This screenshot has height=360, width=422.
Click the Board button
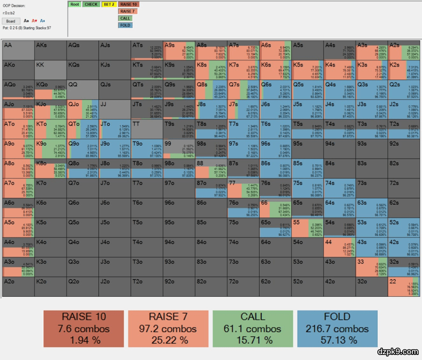(11, 21)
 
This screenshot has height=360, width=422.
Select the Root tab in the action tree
(75, 5)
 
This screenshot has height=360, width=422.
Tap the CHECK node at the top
(91, 5)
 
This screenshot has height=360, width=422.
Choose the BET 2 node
(109, 5)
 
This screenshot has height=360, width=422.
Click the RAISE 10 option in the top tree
(129, 5)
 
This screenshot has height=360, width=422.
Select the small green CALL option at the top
(125, 18)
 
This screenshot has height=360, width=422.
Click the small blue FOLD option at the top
(125, 25)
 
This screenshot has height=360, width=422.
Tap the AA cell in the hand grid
(18, 50)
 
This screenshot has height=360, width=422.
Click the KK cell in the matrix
(50, 70)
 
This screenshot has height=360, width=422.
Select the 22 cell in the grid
(404, 287)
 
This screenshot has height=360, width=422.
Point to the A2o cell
(18, 287)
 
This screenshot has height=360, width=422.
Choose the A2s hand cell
(404, 50)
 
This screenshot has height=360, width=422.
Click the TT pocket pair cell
(147, 129)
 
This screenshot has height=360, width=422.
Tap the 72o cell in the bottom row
(243, 287)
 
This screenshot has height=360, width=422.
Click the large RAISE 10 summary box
(84, 328)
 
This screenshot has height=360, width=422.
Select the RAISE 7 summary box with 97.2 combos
(168, 328)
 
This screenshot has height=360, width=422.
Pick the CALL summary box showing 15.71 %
(253, 328)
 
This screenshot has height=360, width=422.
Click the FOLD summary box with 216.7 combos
(338, 328)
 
